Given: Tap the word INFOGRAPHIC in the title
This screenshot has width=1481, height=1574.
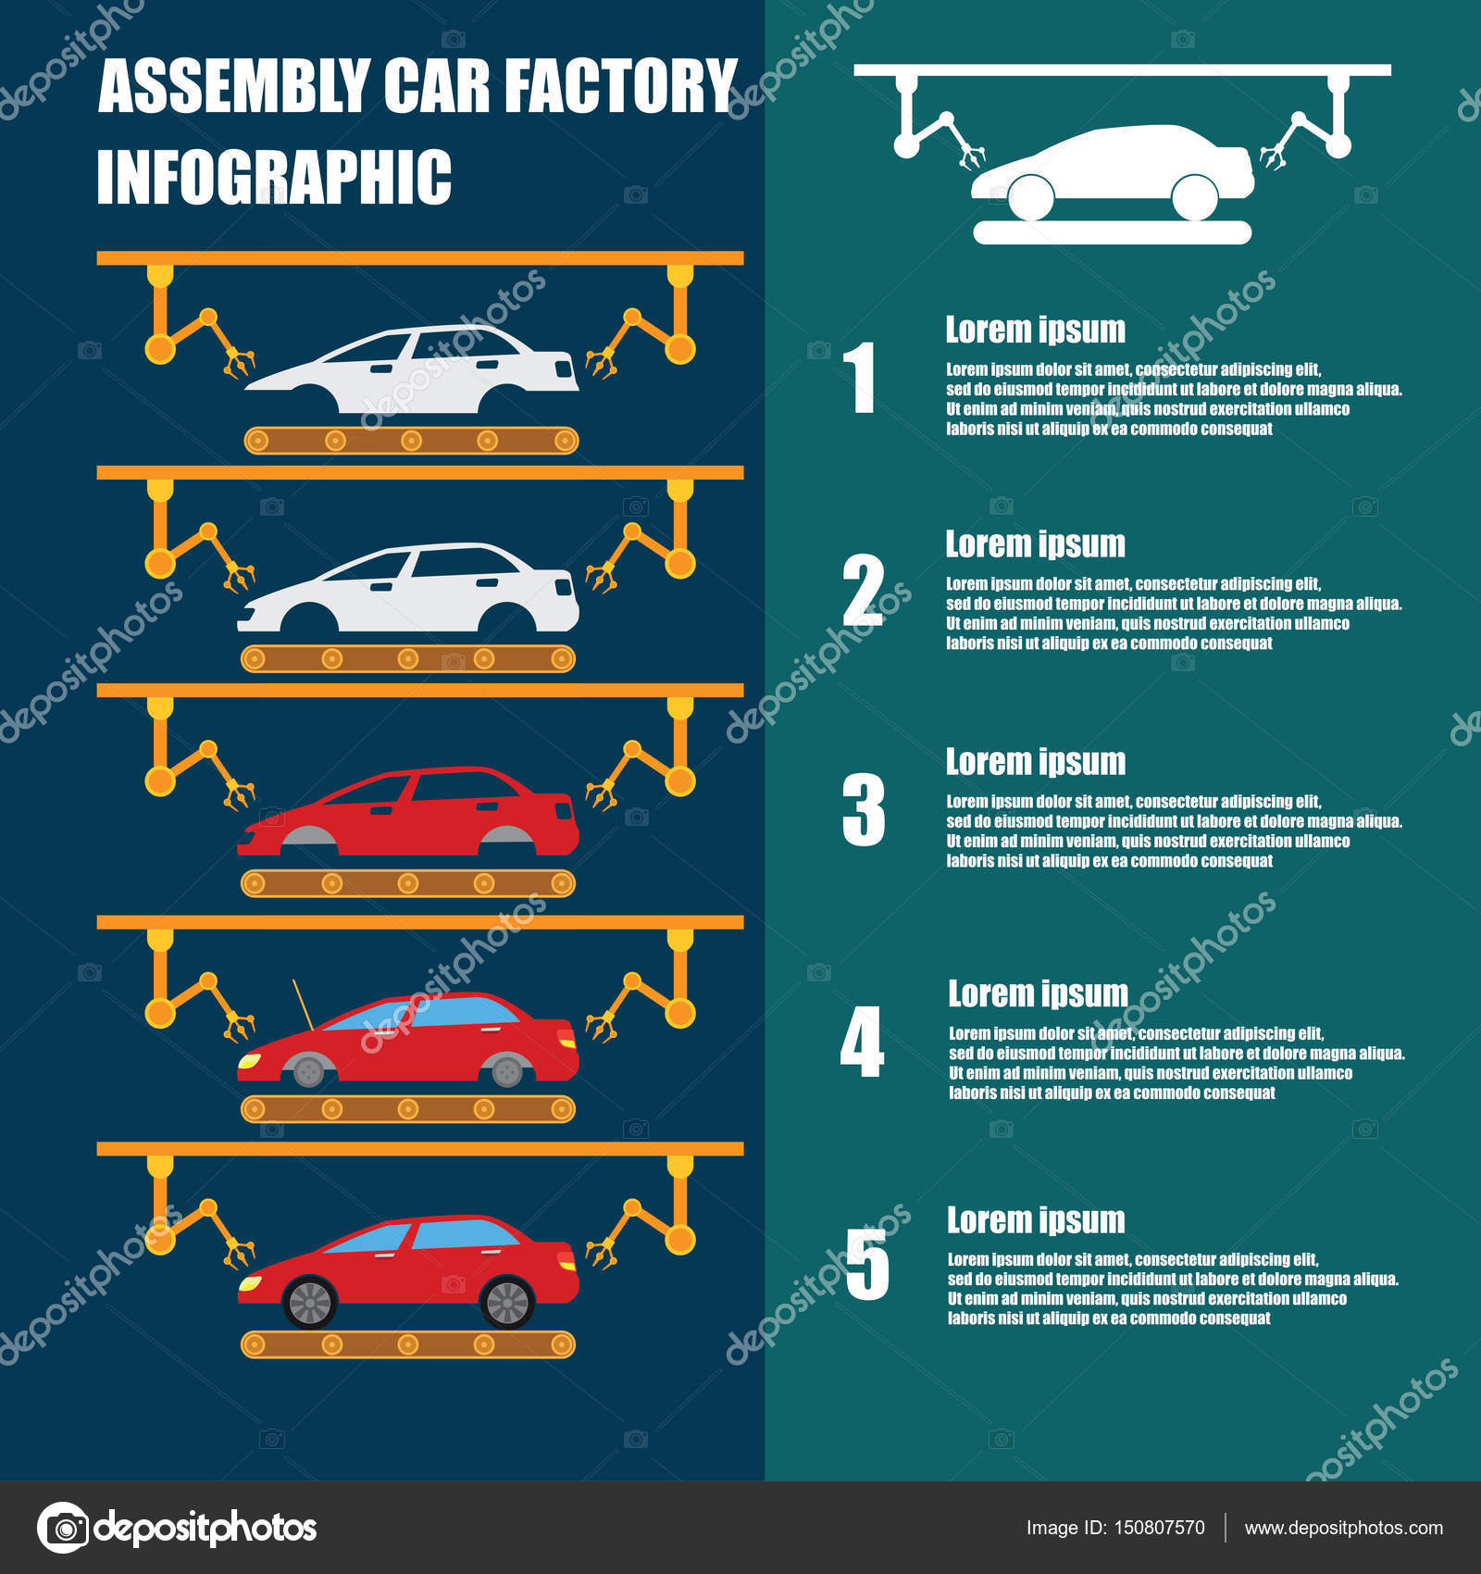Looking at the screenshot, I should coord(274,176).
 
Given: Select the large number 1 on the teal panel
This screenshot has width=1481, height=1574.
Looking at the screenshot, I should coord(862,377).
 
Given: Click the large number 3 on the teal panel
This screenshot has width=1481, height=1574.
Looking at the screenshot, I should coord(864,810).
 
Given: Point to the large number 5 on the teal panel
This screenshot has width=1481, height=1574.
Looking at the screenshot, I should coord(867,1264).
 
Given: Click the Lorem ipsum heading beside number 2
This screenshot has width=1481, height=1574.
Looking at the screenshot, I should coord(1035,544).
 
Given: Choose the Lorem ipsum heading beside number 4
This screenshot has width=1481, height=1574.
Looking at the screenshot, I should coord(1038,994).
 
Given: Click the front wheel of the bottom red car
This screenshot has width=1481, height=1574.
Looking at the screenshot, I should coord(310,1302).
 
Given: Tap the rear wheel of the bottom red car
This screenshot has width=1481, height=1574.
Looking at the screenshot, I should coord(507,1302).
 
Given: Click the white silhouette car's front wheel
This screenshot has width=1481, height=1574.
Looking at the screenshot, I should coord(1030,197).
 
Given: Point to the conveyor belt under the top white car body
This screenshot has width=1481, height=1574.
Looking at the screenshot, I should coord(411,441).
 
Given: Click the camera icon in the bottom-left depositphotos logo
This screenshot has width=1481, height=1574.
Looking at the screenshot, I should coord(64,1527).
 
